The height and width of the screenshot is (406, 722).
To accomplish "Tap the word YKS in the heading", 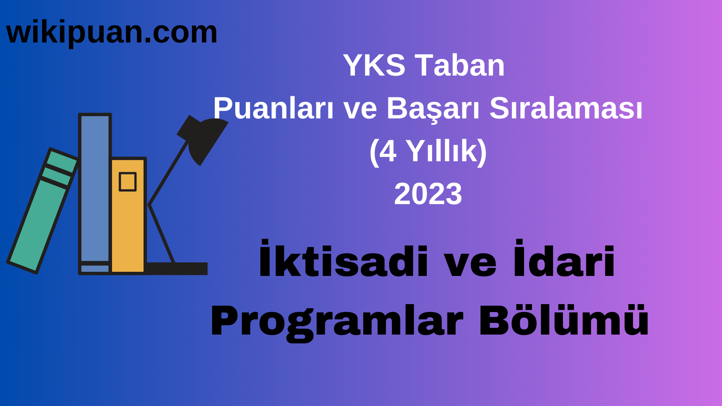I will click(x=374, y=65).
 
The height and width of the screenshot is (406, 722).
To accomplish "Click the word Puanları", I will click(x=273, y=108).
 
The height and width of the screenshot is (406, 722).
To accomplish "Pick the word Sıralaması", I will click(x=566, y=108).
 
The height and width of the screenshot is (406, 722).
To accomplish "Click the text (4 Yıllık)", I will click(x=428, y=151).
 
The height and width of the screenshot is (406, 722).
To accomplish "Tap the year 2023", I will click(x=428, y=194).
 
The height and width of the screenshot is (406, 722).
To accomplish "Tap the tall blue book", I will click(x=95, y=188).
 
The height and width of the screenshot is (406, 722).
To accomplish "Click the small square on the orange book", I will click(x=127, y=182).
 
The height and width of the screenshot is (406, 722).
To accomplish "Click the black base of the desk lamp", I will click(x=177, y=268).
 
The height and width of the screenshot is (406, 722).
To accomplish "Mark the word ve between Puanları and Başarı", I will click(x=360, y=108).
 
